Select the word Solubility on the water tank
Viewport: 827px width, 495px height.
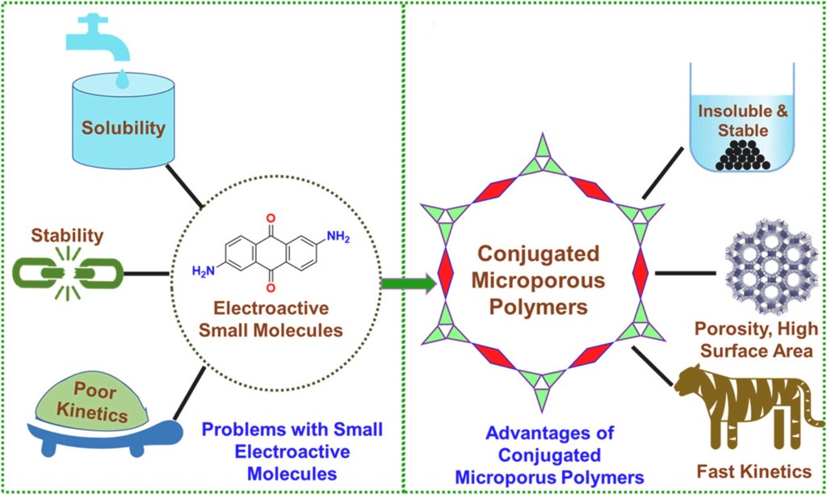[123, 128]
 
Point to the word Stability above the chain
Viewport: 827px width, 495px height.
[68, 236]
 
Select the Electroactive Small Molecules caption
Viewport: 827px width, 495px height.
[273, 318]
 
